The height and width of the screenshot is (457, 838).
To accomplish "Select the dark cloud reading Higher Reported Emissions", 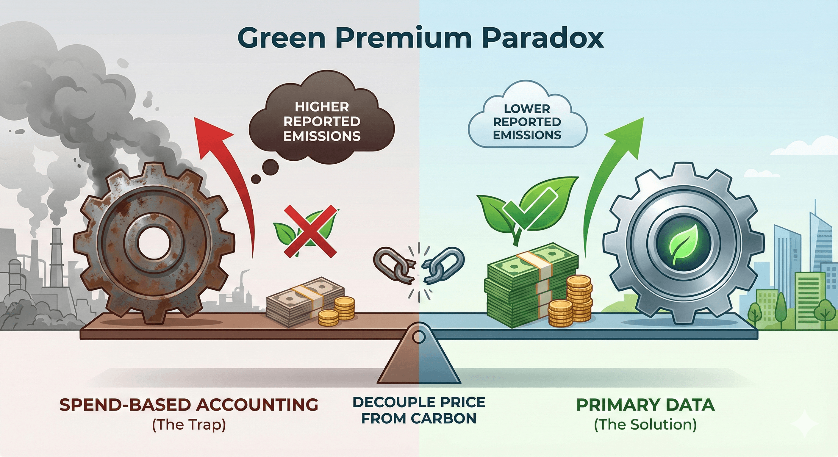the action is (x=322, y=122).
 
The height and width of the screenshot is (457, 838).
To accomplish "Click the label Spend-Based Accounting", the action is (x=189, y=405).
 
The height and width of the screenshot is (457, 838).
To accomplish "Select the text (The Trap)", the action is (x=189, y=425).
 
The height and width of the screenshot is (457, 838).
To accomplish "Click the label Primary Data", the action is (x=645, y=405).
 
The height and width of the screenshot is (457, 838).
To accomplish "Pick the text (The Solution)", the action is (x=645, y=425).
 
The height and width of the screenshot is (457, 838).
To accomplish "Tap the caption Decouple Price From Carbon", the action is (x=419, y=411).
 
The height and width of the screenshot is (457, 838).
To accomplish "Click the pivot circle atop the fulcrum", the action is (x=419, y=337).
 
